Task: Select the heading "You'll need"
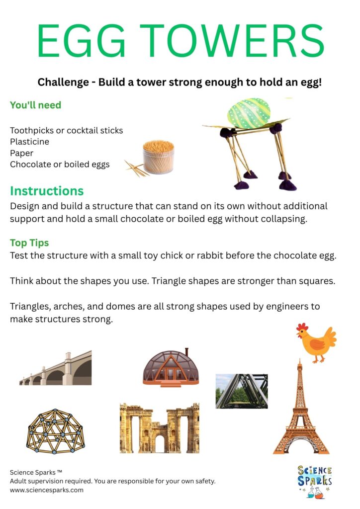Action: (35, 105)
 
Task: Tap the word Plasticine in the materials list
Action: (29, 142)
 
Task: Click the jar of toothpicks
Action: (158, 156)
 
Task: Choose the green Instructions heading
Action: (47, 191)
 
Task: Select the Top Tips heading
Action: (29, 243)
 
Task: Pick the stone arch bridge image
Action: (56, 370)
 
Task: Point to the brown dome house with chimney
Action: (171, 368)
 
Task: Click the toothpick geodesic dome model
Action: (55, 430)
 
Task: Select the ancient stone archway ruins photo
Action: (159, 428)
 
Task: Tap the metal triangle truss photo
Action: (241, 391)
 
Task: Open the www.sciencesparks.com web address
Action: (47, 490)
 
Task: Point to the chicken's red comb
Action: (302, 327)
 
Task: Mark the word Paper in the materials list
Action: (21, 153)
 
